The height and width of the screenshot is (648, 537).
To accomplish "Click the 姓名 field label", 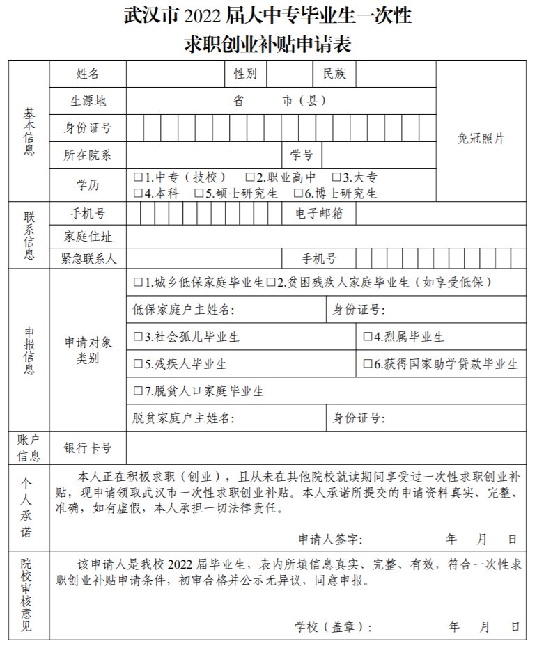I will [x=88, y=74].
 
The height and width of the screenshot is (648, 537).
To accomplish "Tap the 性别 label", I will [x=245, y=74].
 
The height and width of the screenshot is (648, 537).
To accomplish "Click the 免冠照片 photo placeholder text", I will [x=481, y=138].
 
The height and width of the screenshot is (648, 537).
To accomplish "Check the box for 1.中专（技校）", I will [x=138, y=177].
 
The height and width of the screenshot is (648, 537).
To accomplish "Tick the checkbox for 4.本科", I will [x=138, y=193].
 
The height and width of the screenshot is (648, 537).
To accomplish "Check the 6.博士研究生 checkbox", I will [x=298, y=193].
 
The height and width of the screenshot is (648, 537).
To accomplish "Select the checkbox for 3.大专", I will [x=336, y=177].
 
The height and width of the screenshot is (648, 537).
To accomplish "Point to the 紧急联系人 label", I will [x=88, y=259].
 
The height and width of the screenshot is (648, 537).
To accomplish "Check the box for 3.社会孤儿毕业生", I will [x=138, y=337].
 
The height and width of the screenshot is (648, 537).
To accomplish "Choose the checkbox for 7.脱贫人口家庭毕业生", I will [x=138, y=391].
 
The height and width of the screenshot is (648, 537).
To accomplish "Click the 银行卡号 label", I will [x=88, y=448].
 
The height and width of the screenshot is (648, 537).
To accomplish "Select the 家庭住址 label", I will [x=88, y=237].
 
